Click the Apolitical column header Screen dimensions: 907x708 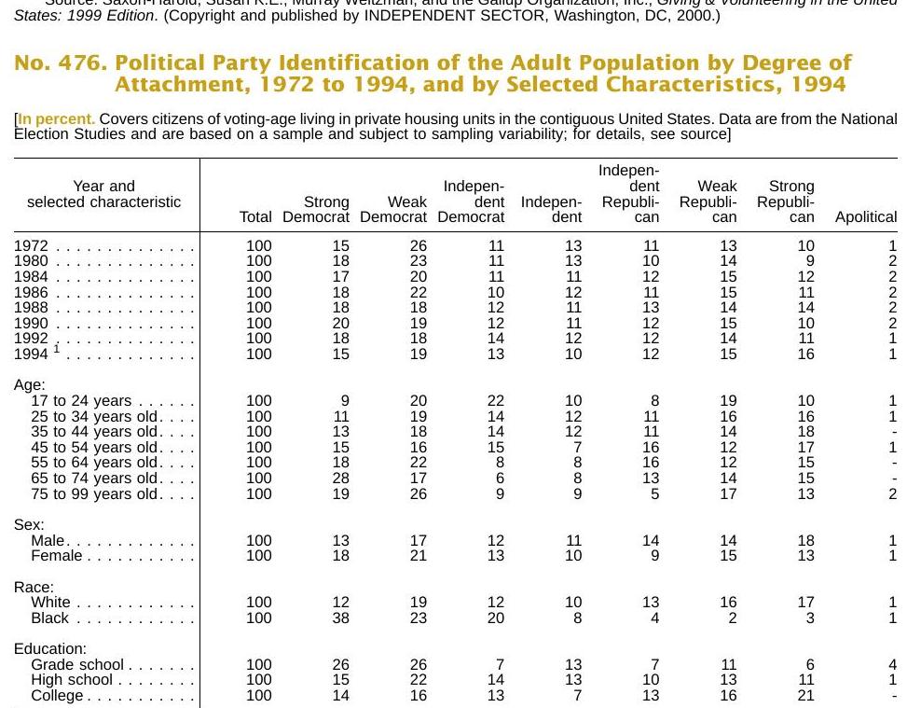point(866,217)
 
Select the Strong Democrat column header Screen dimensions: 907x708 point(316,209)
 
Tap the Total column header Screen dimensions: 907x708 point(255,217)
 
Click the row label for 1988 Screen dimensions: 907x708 point(32,308)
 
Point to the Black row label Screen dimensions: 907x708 point(49,618)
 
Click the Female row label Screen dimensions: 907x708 point(57,555)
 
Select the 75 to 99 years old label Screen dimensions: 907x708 point(94,493)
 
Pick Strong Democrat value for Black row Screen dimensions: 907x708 point(340,618)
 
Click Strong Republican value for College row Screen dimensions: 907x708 point(805,695)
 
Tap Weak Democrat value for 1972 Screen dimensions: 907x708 point(419,245)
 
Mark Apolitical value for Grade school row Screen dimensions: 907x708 point(892,664)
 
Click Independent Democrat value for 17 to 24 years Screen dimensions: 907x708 point(496,400)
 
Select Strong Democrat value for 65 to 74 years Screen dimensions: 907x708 point(340,479)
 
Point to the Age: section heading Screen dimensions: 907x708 point(30,385)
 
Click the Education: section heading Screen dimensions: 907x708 point(50,648)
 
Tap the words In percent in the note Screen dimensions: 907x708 point(56,119)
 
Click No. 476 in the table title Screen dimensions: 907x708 point(61,62)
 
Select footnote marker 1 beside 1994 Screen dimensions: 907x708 point(57,349)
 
